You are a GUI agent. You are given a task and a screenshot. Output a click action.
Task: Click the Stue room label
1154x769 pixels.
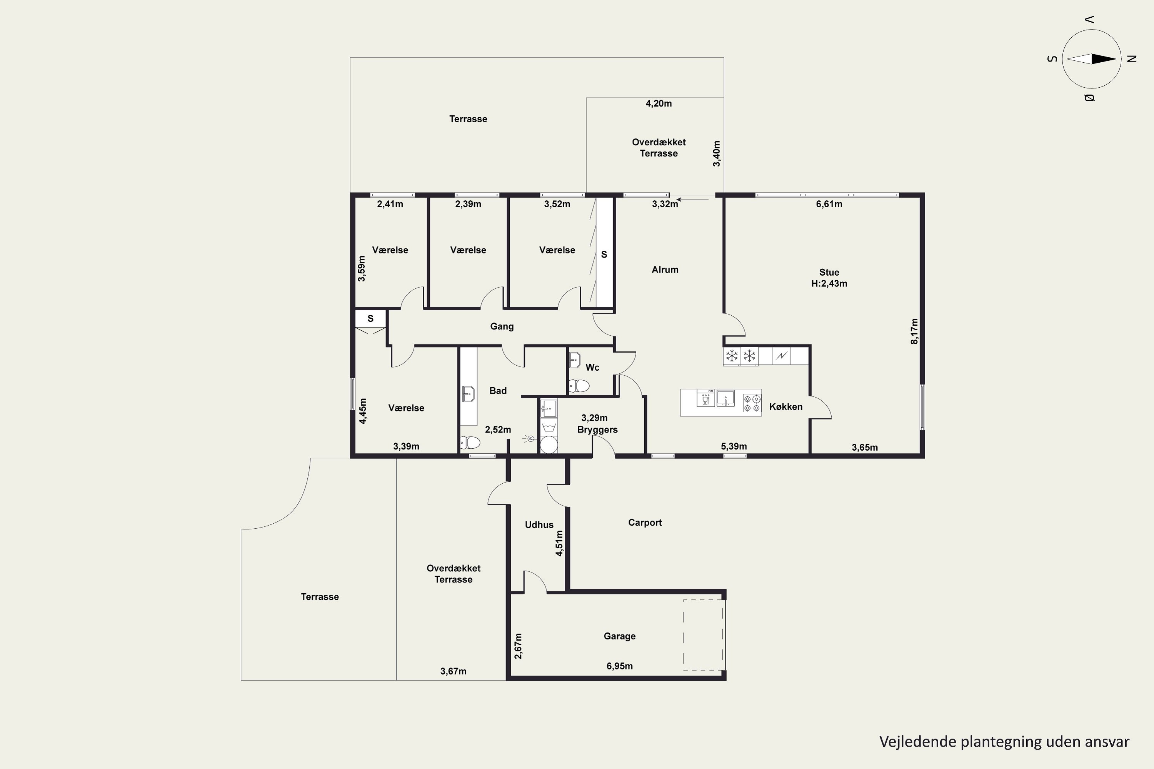(x=829, y=272)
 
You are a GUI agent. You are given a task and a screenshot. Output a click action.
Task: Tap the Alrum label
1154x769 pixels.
(x=665, y=270)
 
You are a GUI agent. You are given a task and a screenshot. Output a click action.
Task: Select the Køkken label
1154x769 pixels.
(x=786, y=406)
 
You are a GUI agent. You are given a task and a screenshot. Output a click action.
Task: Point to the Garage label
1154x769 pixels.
(x=620, y=636)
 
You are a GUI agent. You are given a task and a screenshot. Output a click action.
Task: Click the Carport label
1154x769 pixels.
(x=645, y=523)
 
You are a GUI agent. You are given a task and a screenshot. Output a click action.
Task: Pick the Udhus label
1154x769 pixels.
(x=539, y=525)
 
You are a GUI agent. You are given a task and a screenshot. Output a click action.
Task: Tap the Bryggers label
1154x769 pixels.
(x=597, y=429)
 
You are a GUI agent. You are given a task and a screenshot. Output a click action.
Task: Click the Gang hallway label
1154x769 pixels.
(x=502, y=326)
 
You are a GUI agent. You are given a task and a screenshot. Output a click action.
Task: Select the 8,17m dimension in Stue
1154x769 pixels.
(x=914, y=331)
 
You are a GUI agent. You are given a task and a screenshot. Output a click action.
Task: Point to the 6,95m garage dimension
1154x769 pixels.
(x=620, y=666)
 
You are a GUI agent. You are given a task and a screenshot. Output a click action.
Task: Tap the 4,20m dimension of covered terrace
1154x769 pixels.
(x=659, y=103)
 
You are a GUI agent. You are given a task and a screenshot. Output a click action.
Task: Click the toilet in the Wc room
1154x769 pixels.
(x=579, y=386)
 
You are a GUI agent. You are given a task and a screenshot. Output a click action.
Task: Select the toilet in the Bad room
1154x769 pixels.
(x=470, y=443)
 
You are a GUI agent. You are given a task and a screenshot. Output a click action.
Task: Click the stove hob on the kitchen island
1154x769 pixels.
(x=752, y=403)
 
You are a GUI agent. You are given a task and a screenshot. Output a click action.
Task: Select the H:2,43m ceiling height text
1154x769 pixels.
(x=829, y=283)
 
